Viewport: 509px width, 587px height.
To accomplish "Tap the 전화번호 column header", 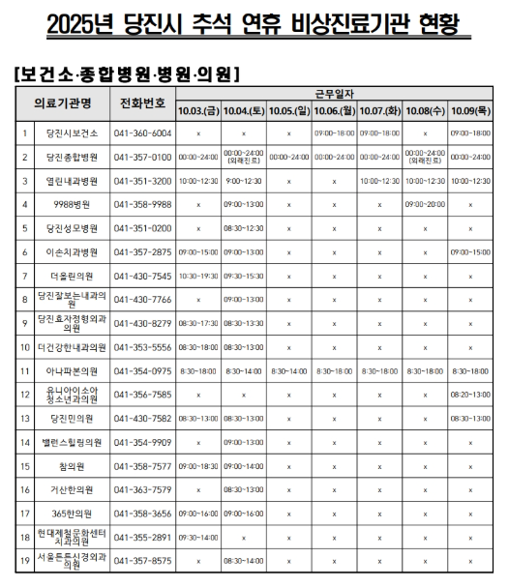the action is (142, 103).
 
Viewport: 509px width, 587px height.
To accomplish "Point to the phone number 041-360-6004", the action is (142, 132).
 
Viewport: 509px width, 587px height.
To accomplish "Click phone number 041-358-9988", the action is (142, 205).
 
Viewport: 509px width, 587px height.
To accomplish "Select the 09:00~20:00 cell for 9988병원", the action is (426, 205).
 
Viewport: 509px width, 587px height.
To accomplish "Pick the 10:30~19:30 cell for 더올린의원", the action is (198, 276).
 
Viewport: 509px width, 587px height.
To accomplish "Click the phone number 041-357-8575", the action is (142, 560).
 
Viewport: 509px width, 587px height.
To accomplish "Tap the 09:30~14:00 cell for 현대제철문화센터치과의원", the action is (198, 537).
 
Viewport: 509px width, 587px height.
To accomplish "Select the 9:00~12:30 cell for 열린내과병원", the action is (244, 181).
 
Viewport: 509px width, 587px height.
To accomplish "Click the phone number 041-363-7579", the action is (142, 489).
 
